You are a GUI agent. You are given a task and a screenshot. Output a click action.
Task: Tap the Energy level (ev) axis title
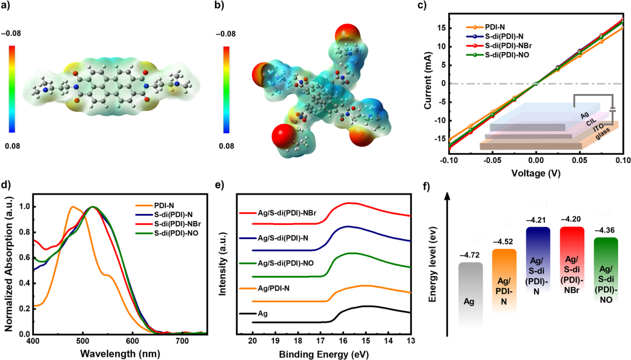434,269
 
